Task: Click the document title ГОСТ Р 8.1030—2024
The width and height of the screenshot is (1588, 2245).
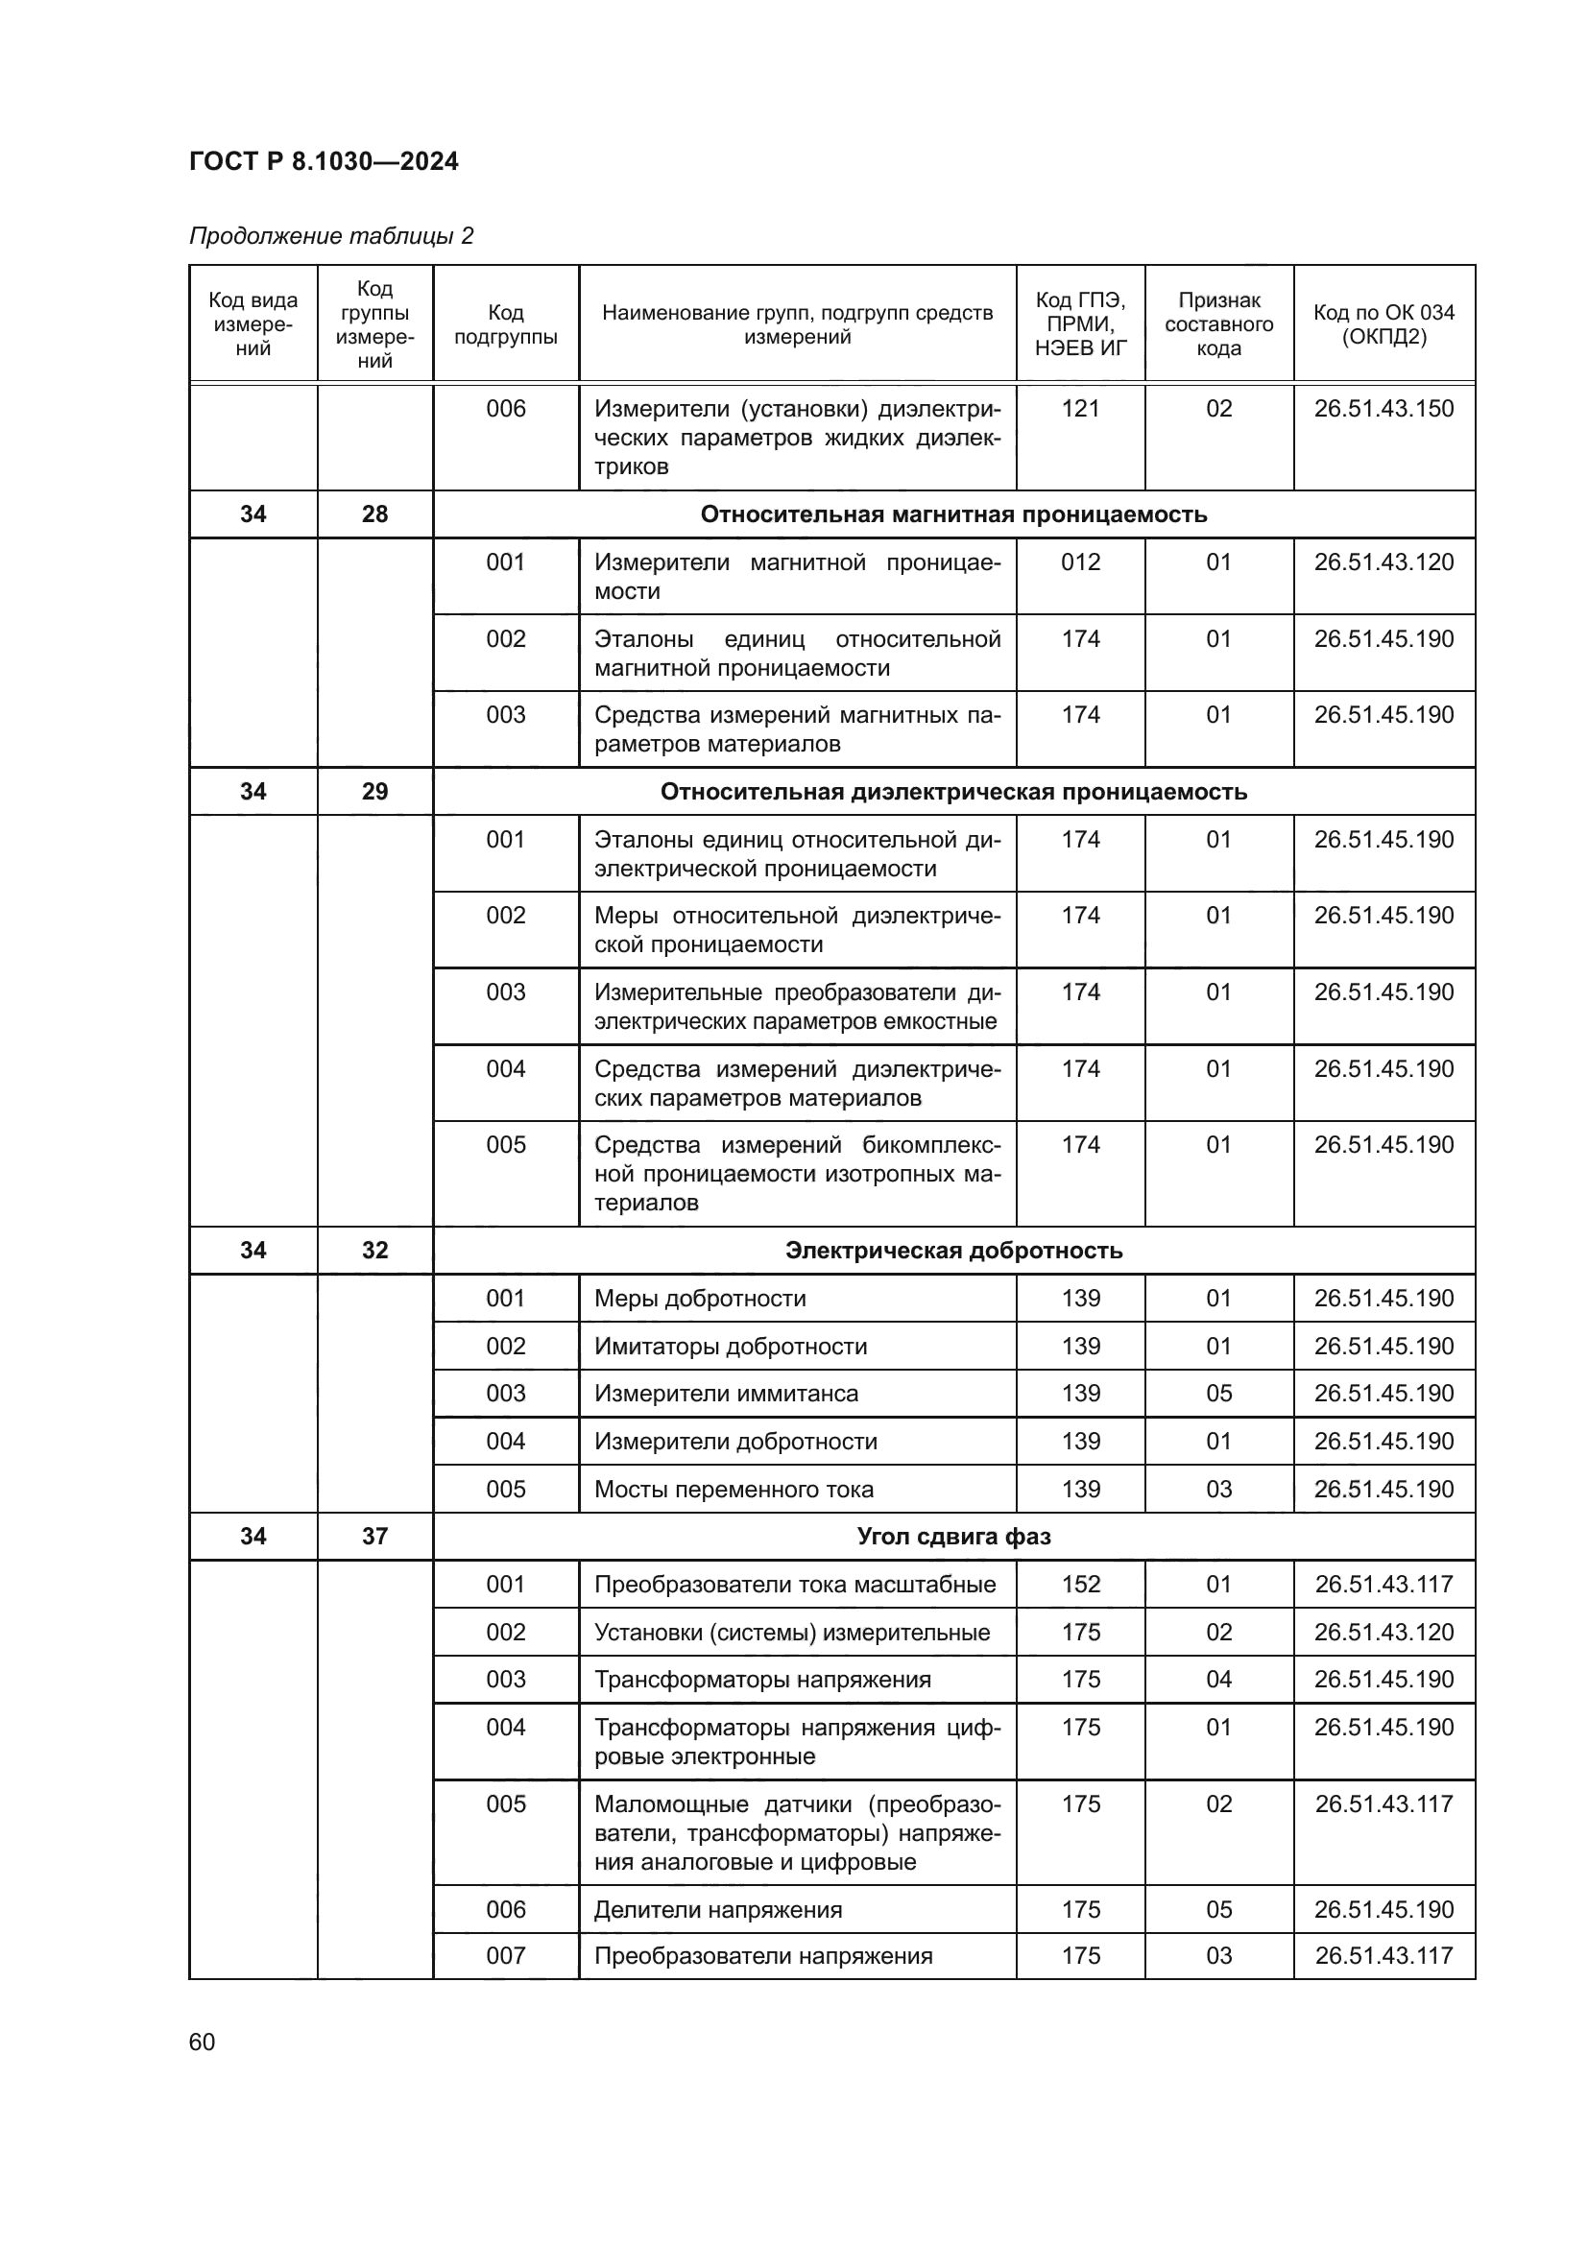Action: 324,161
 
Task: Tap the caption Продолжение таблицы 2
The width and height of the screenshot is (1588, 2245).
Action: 330,236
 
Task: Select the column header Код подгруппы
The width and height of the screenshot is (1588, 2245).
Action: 506,324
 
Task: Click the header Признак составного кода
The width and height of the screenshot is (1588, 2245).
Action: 1218,324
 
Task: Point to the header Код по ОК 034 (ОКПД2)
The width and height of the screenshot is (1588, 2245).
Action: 1383,324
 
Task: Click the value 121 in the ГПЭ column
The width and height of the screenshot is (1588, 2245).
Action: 1080,409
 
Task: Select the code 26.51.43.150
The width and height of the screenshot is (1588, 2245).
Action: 1383,409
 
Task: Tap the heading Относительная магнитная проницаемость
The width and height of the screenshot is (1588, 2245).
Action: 953,514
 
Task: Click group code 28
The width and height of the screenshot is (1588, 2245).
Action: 374,514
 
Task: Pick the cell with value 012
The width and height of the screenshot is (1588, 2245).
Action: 1080,562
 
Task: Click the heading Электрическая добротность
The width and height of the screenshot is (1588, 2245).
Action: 953,1251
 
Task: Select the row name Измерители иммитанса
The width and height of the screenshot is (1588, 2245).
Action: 726,1394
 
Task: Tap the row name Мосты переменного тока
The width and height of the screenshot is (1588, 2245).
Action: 734,1490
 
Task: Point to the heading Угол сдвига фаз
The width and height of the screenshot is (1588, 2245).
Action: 953,1536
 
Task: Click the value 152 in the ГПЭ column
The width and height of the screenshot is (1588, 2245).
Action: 1080,1584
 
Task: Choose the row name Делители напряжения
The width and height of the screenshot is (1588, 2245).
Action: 718,1910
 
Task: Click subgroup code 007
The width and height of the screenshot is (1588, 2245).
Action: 506,1955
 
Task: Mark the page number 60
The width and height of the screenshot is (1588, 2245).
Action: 202,2042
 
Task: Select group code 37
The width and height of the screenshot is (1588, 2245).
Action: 374,1536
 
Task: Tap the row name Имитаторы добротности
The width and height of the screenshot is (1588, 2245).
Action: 731,1347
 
